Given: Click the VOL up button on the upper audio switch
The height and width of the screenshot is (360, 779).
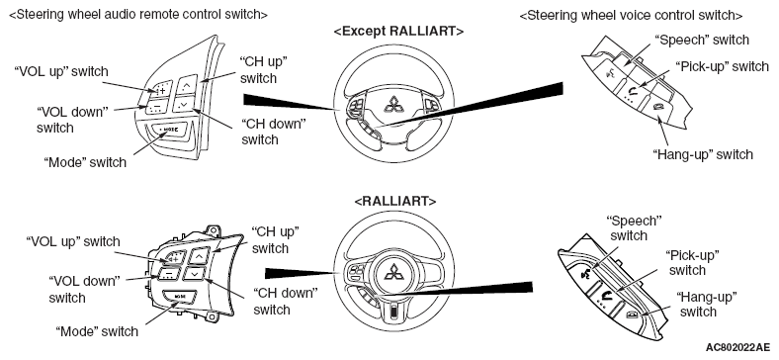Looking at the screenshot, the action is pyautogui.click(x=162, y=88).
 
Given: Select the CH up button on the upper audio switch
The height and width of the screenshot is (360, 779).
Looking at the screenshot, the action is pyautogui.click(x=187, y=85).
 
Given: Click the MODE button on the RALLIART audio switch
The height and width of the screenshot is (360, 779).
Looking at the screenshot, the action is pyautogui.click(x=179, y=297).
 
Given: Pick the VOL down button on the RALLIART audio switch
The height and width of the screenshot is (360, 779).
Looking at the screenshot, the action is pyautogui.click(x=169, y=273).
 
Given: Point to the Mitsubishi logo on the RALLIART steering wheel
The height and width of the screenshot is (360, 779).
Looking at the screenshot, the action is pyautogui.click(x=395, y=272).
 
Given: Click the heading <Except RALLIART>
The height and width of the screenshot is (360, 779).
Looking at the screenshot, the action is pyautogui.click(x=398, y=32).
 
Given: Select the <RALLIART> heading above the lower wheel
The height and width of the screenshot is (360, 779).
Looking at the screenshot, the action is pyautogui.click(x=395, y=202).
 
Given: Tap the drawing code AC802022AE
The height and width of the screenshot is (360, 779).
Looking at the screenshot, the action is pyautogui.click(x=736, y=346).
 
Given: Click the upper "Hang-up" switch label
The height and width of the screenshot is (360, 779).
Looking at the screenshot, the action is pyautogui.click(x=703, y=154).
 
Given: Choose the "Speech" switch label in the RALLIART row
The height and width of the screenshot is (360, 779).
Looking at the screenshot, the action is pyautogui.click(x=635, y=227).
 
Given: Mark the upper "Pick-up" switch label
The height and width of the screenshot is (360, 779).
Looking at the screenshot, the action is pyautogui.click(x=722, y=66).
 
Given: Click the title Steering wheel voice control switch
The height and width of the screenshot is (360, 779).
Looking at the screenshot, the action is pyautogui.click(x=631, y=16).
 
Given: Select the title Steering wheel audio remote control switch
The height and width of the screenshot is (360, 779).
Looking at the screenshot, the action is pyautogui.click(x=138, y=15).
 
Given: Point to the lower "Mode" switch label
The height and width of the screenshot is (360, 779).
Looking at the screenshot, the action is pyautogui.click(x=97, y=331).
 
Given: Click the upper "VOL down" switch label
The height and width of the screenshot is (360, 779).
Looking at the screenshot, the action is pyautogui.click(x=72, y=120).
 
